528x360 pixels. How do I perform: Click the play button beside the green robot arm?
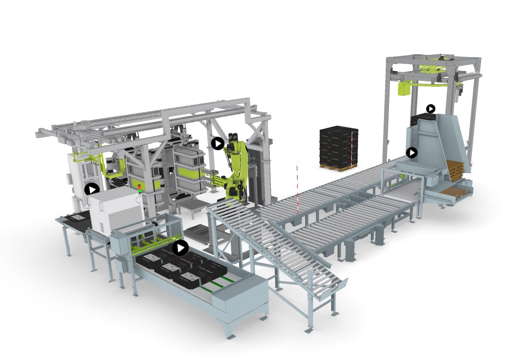(x=218, y=144)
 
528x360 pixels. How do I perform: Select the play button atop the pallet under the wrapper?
(x=431, y=109)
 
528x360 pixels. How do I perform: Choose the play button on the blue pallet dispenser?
(x=411, y=153)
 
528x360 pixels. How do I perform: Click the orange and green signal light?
(x=139, y=188)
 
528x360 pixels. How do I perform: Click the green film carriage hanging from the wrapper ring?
(x=403, y=88)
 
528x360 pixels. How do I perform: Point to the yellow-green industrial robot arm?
(x=235, y=168)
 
